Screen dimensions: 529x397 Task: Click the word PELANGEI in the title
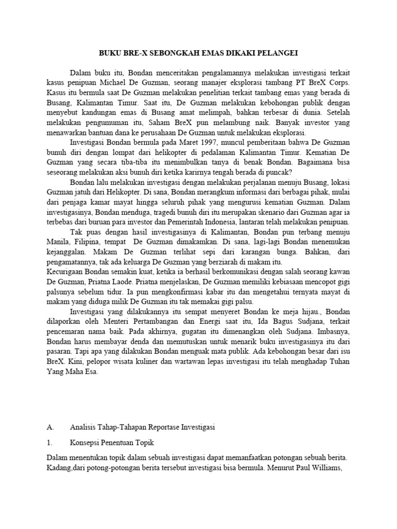pyautogui.click(x=278, y=53)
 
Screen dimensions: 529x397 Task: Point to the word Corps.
pyautogui.click(x=339, y=83)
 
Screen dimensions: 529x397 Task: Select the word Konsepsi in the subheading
pyautogui.click(x=86, y=443)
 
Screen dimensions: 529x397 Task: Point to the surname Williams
pyautogui.click(x=327, y=469)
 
